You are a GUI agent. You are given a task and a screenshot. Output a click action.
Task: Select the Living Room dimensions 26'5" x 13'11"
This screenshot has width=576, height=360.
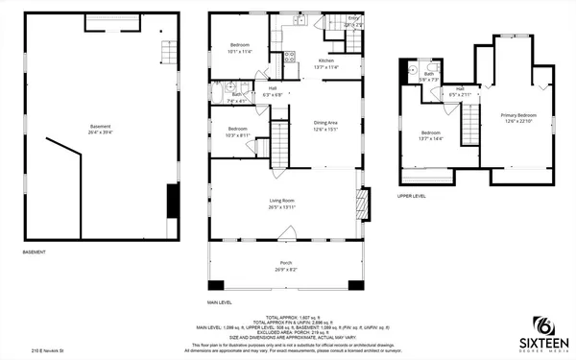281,206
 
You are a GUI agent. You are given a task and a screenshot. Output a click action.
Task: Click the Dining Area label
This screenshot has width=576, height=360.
326,122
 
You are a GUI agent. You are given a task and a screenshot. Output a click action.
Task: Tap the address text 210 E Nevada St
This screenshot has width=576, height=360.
48,351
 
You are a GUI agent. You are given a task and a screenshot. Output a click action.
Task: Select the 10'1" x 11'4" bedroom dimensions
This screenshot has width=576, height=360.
239,51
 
